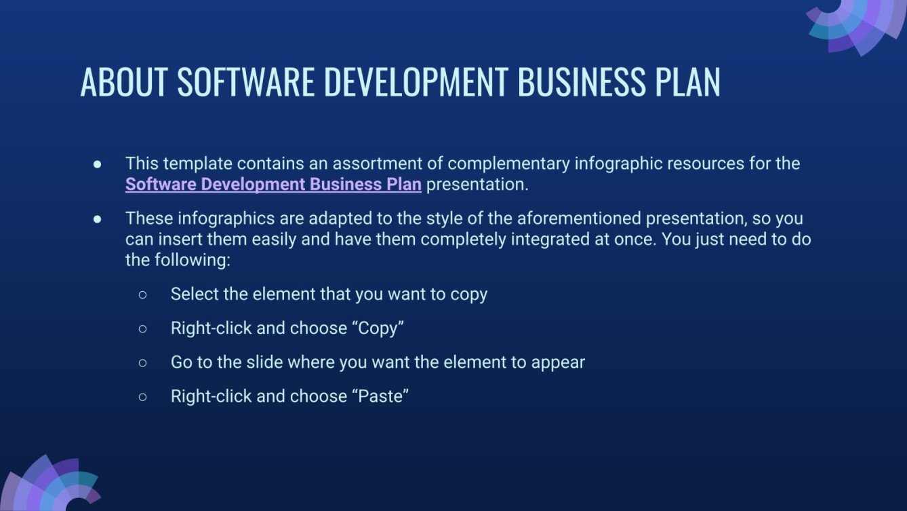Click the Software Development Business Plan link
tap(273, 185)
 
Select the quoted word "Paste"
tap(380, 396)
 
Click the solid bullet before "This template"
tap(98, 164)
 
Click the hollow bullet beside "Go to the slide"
tap(142, 363)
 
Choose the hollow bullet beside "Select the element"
tap(142, 295)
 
